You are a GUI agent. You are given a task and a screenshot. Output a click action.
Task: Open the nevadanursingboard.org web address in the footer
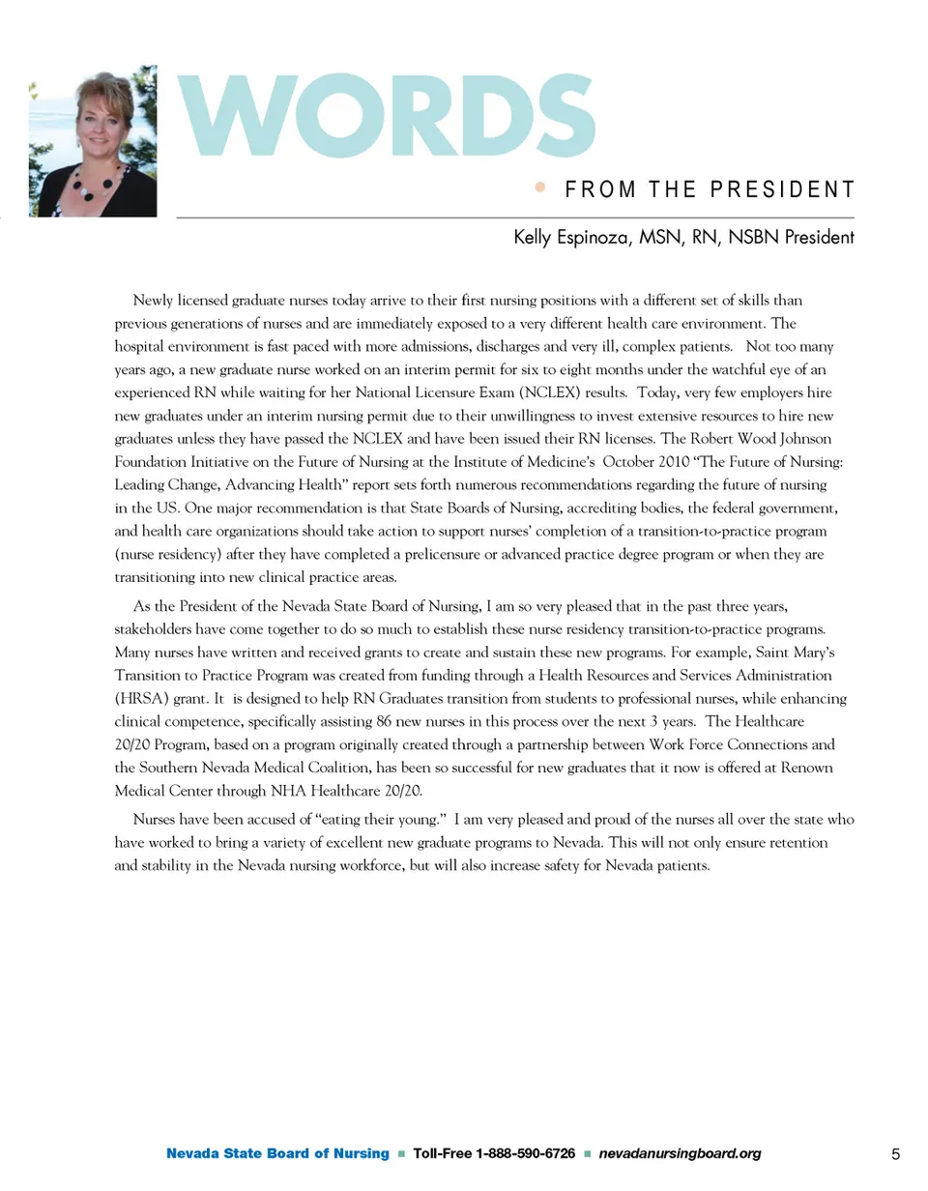(681, 1154)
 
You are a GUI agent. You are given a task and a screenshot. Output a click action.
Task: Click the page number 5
(895, 1154)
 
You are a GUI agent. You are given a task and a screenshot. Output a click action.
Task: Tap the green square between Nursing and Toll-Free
(400, 1154)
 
